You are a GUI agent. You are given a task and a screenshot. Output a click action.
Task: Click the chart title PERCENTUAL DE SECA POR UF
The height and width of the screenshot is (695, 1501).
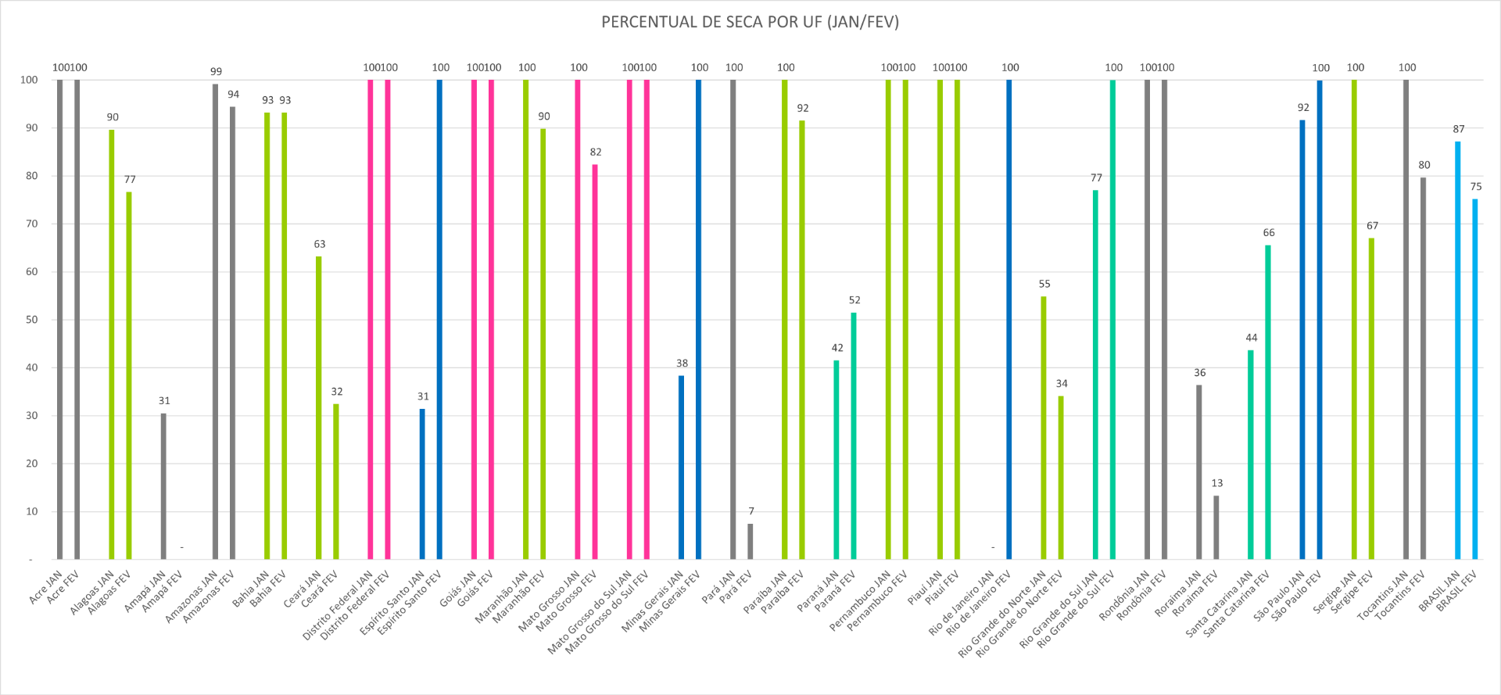click(750, 22)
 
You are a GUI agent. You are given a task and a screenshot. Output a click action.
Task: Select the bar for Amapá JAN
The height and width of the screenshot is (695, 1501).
click(163, 486)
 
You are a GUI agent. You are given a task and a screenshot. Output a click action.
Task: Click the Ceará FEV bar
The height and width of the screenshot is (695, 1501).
click(336, 482)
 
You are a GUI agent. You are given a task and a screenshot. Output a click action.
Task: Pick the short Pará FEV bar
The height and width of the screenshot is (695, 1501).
click(750, 542)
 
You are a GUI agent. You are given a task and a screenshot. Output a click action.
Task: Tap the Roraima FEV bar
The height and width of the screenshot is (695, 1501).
click(1216, 528)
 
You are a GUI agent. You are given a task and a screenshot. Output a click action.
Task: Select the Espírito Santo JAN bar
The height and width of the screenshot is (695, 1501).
click(422, 484)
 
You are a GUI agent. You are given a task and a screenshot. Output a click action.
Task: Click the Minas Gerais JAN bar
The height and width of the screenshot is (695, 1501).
click(681, 468)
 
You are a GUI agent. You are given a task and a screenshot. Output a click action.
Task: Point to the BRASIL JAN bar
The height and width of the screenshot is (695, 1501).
click(1458, 350)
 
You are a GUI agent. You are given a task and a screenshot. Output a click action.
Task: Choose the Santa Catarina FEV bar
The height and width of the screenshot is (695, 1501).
click(1268, 403)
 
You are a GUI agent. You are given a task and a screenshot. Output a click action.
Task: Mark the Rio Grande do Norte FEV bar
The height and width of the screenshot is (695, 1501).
click(1061, 478)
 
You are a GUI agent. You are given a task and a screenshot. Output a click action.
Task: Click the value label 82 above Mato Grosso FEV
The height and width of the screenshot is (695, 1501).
click(596, 152)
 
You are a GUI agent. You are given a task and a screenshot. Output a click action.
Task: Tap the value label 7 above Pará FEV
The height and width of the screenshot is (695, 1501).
click(751, 511)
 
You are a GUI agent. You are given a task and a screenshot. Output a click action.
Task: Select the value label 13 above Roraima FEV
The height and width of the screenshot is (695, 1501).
click(1217, 483)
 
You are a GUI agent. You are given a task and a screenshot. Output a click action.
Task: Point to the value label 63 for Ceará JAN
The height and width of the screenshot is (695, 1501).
click(320, 244)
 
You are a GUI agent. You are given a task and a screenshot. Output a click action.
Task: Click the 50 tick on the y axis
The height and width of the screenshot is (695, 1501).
click(31, 320)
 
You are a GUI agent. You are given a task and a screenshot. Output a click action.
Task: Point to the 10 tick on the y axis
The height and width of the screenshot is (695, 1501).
click(31, 511)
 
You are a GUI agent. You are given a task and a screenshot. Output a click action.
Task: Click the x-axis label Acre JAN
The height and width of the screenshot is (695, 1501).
click(45, 587)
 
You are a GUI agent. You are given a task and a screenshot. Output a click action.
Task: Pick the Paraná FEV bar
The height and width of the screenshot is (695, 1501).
click(854, 436)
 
